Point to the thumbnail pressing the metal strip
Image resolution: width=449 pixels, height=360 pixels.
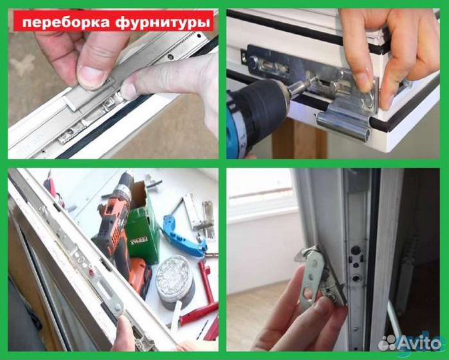tap(93, 79)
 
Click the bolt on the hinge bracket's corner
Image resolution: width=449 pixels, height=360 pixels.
tap(369, 100)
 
